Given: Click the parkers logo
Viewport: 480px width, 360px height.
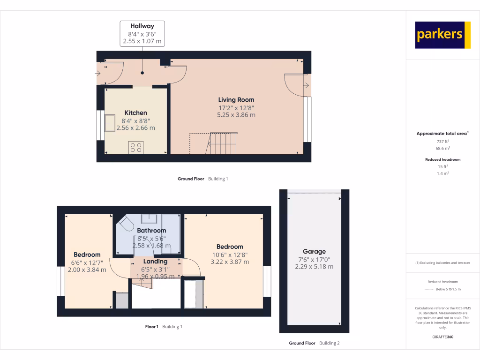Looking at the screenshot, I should [442, 35].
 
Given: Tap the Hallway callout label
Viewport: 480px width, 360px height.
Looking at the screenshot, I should [142, 33].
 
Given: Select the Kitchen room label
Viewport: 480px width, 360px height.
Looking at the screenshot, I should [135, 112].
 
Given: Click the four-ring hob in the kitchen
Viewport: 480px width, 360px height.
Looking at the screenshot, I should [136, 148].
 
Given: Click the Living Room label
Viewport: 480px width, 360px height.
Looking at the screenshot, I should [236, 99].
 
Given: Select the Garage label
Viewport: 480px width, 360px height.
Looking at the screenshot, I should [314, 251].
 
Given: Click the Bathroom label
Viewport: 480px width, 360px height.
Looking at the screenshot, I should [151, 231].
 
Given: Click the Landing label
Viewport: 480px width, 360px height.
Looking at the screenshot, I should [155, 261].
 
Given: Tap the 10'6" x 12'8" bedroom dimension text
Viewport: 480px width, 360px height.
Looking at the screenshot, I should [230, 255].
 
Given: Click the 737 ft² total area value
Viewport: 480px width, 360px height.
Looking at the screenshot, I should [443, 141].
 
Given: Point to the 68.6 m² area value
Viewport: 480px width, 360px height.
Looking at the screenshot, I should [443, 148].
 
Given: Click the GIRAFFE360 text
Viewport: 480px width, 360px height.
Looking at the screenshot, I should [443, 337].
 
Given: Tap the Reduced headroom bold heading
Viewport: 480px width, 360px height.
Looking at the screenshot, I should [443, 159].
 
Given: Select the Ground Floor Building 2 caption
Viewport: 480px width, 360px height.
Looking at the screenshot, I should [314, 343].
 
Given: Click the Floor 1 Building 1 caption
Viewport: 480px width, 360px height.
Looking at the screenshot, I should [164, 326].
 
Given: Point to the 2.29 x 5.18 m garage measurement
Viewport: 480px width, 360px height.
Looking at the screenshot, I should [314, 266].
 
